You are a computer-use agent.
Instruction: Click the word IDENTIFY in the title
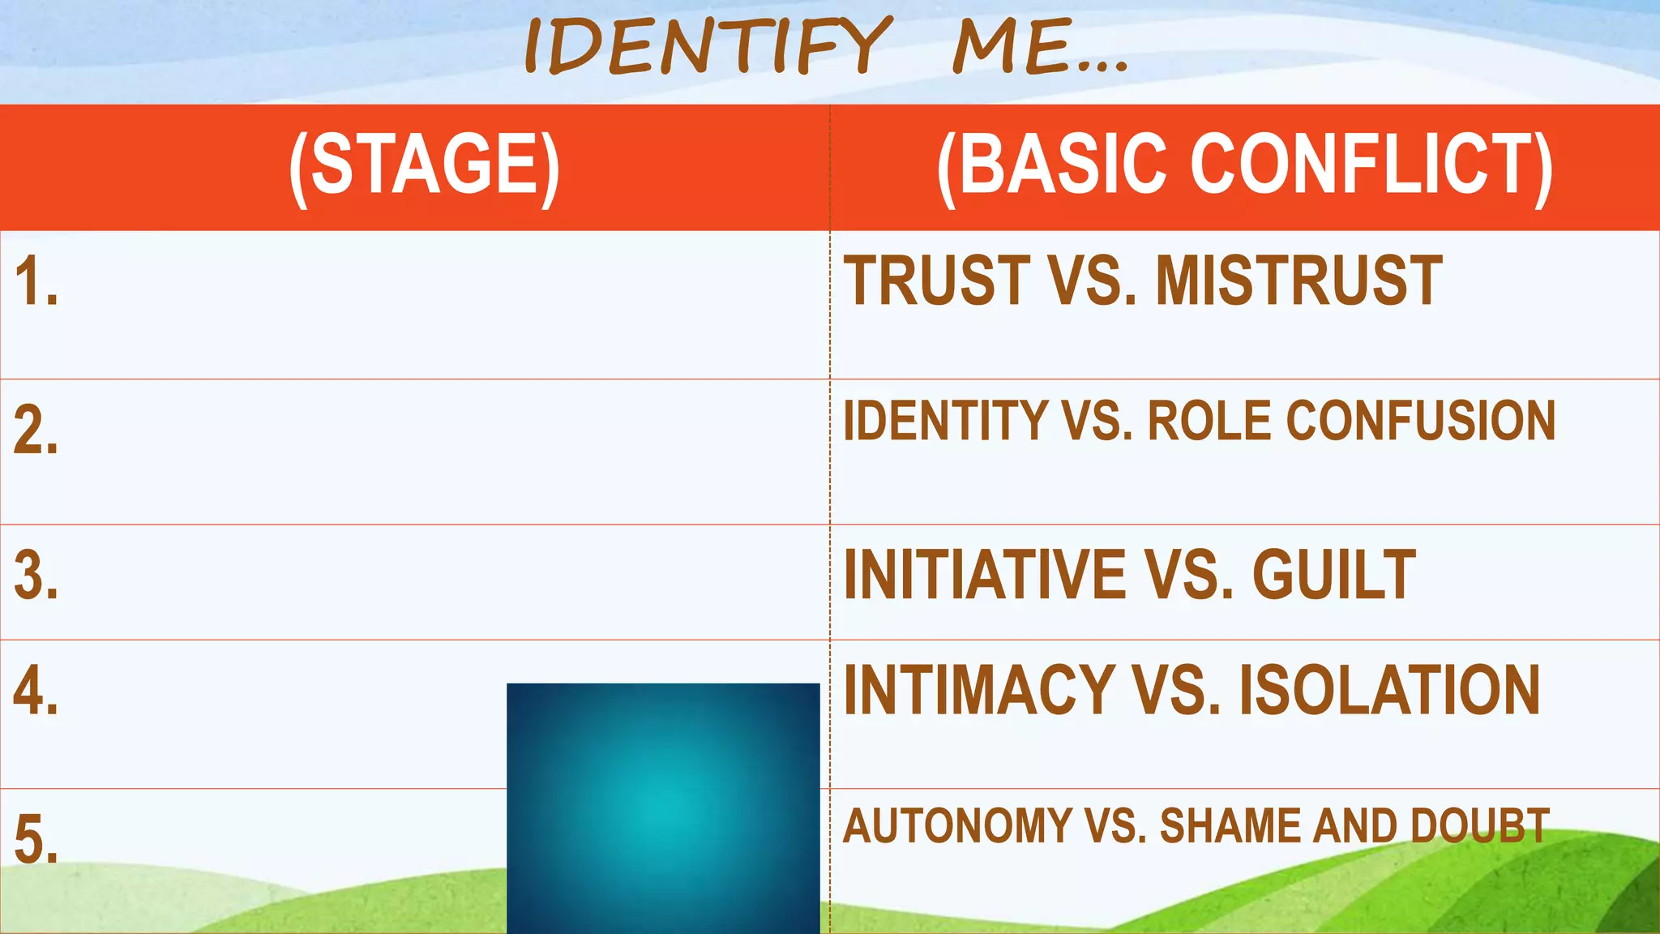click(707, 46)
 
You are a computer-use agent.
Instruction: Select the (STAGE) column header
click(424, 165)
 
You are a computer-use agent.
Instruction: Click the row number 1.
click(36, 282)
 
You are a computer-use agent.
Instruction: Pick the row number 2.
click(36, 431)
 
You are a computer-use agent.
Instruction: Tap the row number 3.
click(36, 576)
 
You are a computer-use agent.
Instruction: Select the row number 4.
click(36, 692)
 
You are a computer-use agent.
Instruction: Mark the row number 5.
click(36, 840)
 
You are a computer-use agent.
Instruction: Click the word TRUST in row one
click(936, 281)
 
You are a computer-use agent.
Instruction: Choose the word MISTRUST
click(1298, 281)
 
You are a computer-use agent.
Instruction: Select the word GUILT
click(1333, 575)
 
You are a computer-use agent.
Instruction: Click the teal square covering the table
click(663, 808)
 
